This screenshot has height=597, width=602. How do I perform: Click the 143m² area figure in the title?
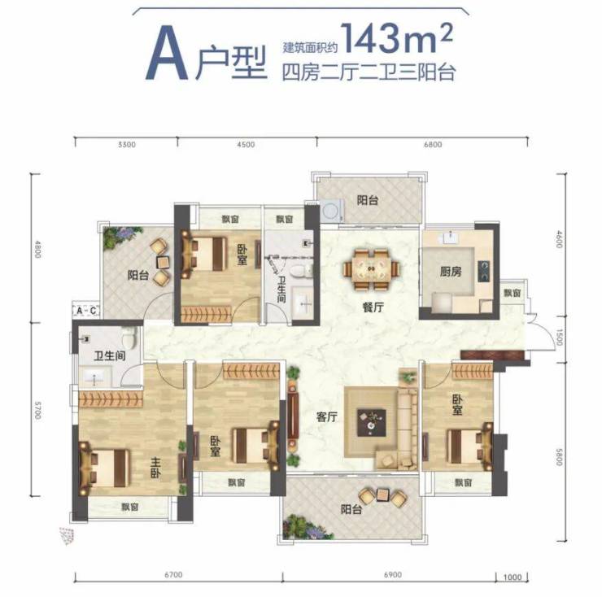click(x=397, y=37)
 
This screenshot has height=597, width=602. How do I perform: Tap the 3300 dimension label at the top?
click(x=127, y=145)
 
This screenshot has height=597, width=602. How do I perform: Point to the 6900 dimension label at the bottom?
click(x=393, y=575)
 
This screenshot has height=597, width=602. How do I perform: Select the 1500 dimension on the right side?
click(x=559, y=337)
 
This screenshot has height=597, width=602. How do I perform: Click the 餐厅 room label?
click(x=373, y=307)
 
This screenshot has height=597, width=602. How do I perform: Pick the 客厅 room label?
click(x=327, y=416)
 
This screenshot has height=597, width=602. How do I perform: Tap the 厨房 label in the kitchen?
click(x=451, y=272)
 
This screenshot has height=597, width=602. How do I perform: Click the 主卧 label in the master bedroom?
click(x=155, y=467)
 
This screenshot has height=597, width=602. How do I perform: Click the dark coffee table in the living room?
click(x=371, y=423)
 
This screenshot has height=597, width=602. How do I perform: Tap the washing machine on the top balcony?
click(x=332, y=211)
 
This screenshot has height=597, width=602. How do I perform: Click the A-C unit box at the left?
click(x=86, y=310)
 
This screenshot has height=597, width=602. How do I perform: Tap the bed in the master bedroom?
click(x=104, y=468)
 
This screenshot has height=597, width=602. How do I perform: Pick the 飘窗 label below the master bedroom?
click(x=130, y=507)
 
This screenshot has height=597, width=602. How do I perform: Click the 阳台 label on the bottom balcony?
click(x=351, y=509)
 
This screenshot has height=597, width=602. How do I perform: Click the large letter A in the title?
click(x=166, y=54)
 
